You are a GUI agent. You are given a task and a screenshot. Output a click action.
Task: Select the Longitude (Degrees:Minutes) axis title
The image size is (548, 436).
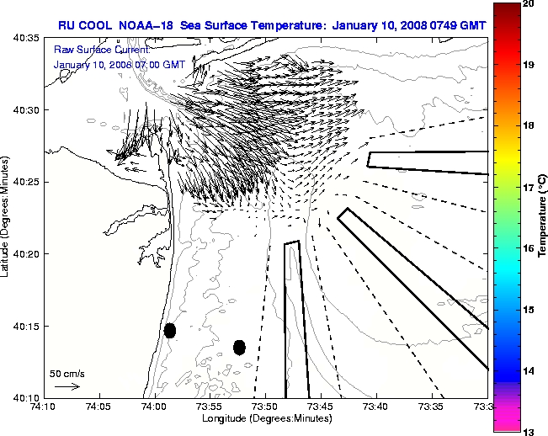(x=265, y=418)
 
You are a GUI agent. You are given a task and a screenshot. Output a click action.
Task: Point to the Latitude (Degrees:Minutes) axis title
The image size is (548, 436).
(x=6, y=217)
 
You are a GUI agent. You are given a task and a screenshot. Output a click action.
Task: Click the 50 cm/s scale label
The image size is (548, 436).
(x=65, y=373)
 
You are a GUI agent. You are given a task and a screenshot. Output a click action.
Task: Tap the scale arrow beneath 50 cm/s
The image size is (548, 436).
(x=67, y=386)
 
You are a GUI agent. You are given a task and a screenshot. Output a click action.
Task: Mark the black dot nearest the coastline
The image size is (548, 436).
(x=170, y=330)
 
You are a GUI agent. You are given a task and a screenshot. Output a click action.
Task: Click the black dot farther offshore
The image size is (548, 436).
(x=239, y=347)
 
